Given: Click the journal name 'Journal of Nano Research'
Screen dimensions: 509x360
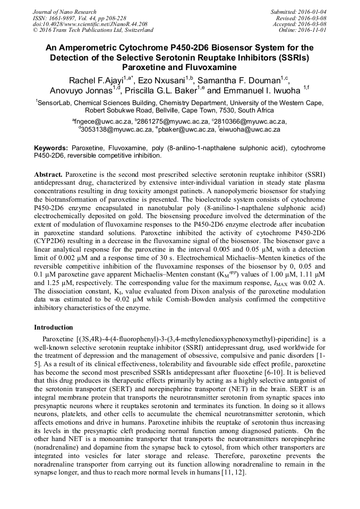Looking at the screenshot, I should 65,12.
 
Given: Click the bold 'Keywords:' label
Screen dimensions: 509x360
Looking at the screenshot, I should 51,148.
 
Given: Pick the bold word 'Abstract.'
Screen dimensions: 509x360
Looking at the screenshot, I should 49,175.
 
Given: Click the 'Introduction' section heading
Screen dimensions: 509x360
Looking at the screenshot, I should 53,327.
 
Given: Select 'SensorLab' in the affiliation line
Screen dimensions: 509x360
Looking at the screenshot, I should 56,103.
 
